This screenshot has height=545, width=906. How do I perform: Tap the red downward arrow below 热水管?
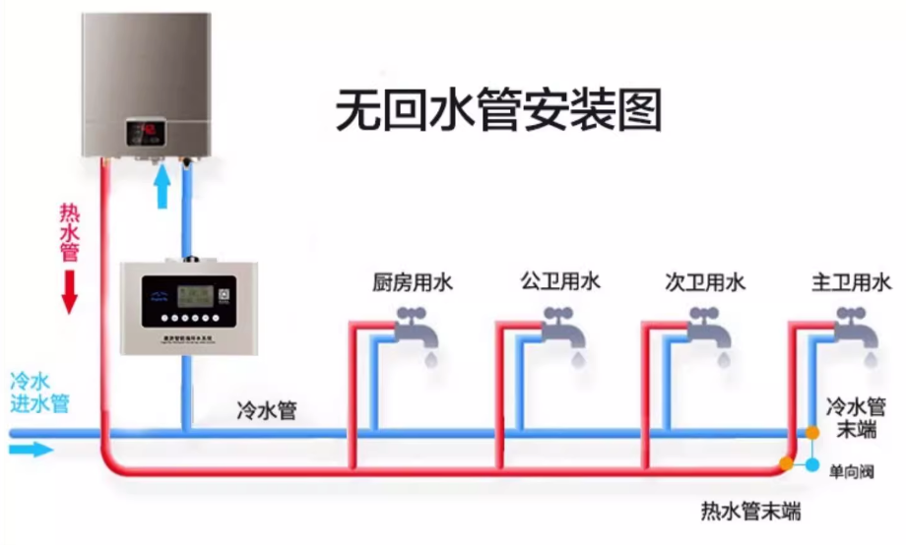tap(69, 291)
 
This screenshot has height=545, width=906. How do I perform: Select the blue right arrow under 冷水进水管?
tap(31, 450)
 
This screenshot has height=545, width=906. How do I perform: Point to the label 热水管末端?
tap(749, 512)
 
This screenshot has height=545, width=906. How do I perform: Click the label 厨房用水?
tap(413, 283)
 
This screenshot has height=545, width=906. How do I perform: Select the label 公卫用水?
tap(560, 281)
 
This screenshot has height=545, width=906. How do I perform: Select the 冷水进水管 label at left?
tap(38, 393)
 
